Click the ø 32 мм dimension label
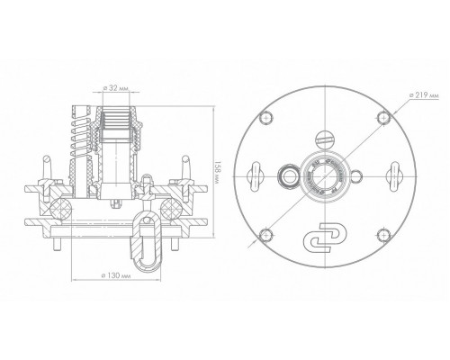point(115,88)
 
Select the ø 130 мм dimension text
point(116,275)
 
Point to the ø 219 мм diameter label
point(424,94)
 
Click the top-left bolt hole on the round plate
point(266,118)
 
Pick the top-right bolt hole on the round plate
point(383,117)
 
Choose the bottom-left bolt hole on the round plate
point(266,235)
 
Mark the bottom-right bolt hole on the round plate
point(383,235)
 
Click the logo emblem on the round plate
point(325,238)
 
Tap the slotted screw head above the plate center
point(325,139)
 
